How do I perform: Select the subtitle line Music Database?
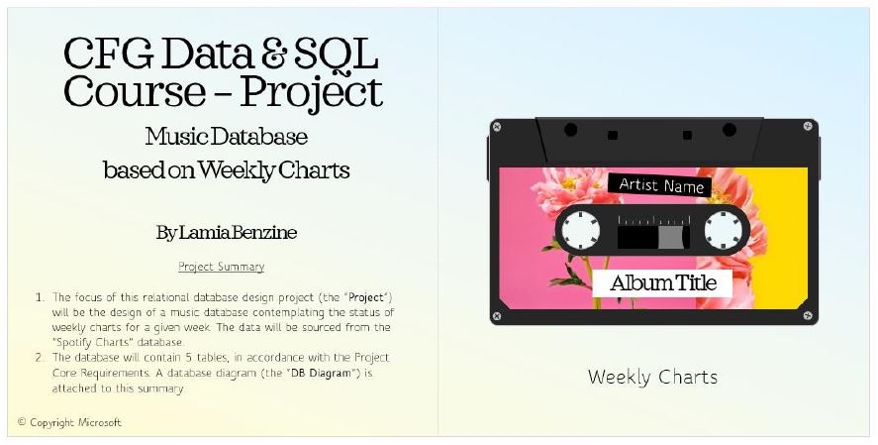tap(226, 136)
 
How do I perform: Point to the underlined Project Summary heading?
tap(221, 267)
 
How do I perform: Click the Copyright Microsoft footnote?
tap(69, 422)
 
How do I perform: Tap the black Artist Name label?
tap(659, 185)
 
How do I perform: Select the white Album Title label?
tap(661, 283)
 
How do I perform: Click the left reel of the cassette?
tap(581, 232)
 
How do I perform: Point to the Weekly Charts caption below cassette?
tap(652, 377)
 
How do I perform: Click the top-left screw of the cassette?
tap(497, 127)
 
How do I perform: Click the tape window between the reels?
tap(652, 235)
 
